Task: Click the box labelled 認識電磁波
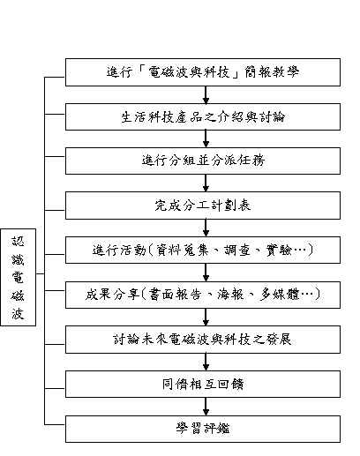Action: pos(19,277)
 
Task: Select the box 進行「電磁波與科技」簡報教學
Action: pos(203,72)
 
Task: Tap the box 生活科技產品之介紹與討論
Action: pos(203,116)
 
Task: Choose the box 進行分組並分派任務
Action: pos(203,161)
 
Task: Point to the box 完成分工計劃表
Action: pos(203,206)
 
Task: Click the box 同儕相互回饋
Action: pos(203,384)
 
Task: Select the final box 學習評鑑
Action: pos(203,429)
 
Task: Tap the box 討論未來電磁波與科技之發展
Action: pos(203,340)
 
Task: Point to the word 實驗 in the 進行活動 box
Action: pos(279,250)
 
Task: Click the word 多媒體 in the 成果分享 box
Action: pos(280,295)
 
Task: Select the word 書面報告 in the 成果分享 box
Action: pos(175,295)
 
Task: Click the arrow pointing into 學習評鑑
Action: pos(206,407)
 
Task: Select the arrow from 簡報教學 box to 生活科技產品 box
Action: pos(206,95)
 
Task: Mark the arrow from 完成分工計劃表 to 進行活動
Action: pos(206,228)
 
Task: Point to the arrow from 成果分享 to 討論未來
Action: pos(206,317)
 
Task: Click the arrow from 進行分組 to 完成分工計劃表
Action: pos(206,183)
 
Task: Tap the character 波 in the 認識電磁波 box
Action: pos(18,313)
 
